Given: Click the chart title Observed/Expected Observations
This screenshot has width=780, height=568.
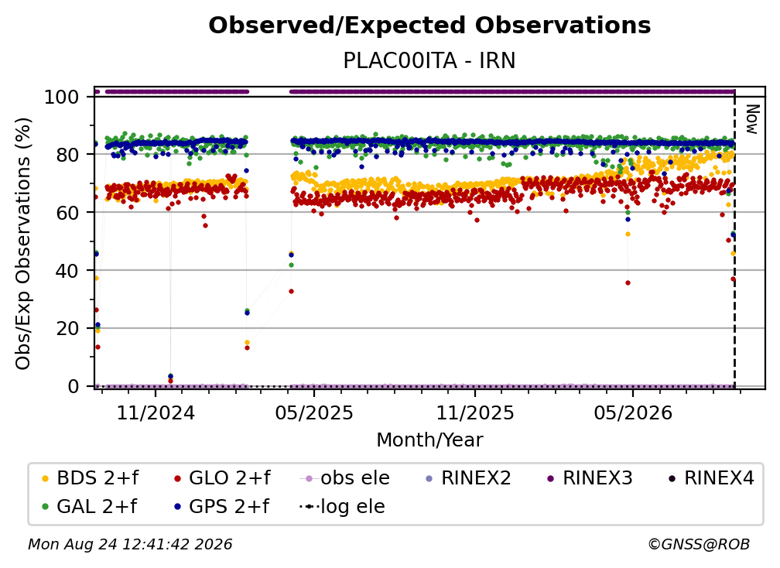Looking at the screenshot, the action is pyautogui.click(x=429, y=26).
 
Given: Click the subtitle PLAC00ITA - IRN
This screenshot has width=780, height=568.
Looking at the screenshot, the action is pyautogui.click(x=429, y=60).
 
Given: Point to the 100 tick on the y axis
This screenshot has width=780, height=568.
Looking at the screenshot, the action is pyautogui.click(x=62, y=97).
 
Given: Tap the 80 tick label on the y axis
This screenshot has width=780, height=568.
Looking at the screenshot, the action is pyautogui.click(x=67, y=155).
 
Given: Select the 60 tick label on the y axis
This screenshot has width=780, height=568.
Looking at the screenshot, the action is pyautogui.click(x=67, y=212).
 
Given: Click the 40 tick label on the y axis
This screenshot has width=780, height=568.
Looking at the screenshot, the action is pyautogui.click(x=67, y=271).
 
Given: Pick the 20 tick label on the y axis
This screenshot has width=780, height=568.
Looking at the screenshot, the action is pyautogui.click(x=67, y=328).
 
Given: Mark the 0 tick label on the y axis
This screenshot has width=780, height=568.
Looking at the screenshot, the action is pyautogui.click(x=74, y=386).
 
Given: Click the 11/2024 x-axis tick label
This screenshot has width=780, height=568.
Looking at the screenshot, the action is pyautogui.click(x=156, y=412).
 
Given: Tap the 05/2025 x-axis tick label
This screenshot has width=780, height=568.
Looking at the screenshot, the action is pyautogui.click(x=314, y=412).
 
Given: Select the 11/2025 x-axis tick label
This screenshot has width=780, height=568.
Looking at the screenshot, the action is pyautogui.click(x=475, y=412).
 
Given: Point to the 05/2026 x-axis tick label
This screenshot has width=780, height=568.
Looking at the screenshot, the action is pyautogui.click(x=633, y=412).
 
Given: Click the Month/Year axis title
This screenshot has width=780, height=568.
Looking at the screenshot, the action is pyautogui.click(x=429, y=440).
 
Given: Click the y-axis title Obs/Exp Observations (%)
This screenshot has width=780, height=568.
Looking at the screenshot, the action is pyautogui.click(x=23, y=243).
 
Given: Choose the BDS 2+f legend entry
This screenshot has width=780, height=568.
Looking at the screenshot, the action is pyautogui.click(x=90, y=478).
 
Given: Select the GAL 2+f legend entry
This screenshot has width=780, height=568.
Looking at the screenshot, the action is pyautogui.click(x=89, y=506).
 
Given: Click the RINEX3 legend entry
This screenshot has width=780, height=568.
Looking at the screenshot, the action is pyautogui.click(x=590, y=478).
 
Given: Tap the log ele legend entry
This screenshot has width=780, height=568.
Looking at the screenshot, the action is pyautogui.click(x=342, y=506).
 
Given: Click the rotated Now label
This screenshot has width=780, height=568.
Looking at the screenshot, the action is pyautogui.click(x=751, y=119).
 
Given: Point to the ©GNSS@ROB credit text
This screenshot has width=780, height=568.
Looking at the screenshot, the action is pyautogui.click(x=699, y=544).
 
